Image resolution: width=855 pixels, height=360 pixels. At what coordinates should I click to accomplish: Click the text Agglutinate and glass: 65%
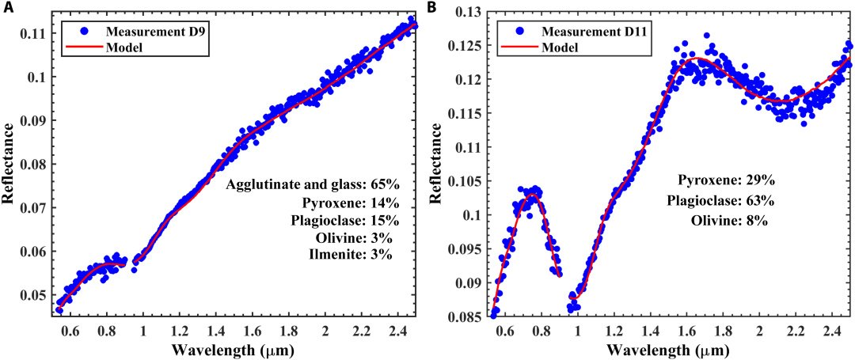click(x=314, y=185)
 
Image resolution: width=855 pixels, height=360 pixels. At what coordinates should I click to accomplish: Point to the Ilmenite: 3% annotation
click(x=351, y=254)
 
